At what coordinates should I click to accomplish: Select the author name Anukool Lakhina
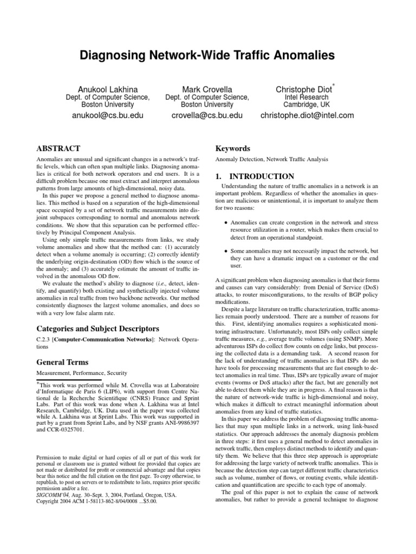pos(107,88)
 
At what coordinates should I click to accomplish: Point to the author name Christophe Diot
pos(304,88)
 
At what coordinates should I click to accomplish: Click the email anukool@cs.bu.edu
pos(107,115)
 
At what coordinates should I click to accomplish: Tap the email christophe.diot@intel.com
pos(307,115)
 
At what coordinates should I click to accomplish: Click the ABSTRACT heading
pos(58,148)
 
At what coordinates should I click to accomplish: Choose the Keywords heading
pos(233,148)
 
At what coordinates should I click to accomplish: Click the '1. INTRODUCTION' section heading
pos(255,176)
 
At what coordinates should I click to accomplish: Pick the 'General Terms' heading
pos(62,362)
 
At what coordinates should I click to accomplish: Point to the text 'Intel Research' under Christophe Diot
pos(307,97)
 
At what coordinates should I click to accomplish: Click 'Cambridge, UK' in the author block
pos(307,105)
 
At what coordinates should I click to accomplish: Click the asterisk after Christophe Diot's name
pos(334,84)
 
